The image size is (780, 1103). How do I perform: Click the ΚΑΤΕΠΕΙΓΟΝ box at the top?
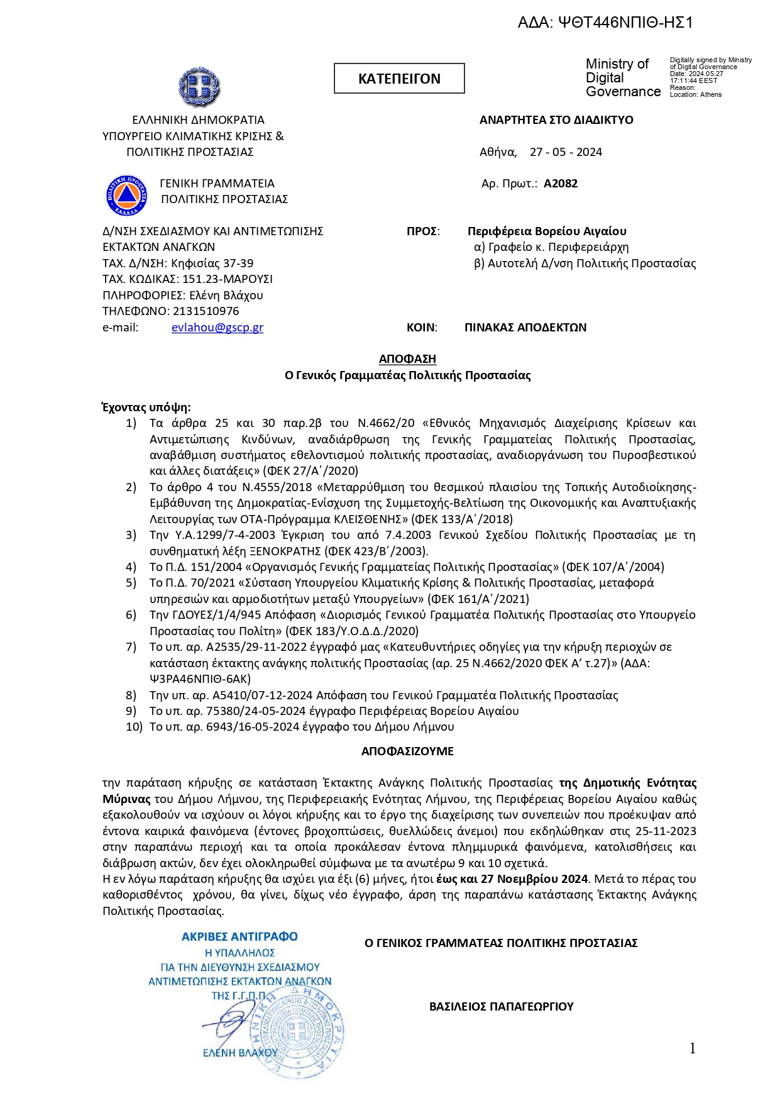[399, 79]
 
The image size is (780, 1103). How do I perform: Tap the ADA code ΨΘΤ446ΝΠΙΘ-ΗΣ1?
[605, 23]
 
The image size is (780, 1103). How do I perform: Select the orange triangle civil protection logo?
[126, 194]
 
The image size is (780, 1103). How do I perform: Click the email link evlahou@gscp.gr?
[217, 328]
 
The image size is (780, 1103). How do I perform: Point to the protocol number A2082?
[560, 184]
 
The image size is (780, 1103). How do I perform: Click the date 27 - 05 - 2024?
[565, 152]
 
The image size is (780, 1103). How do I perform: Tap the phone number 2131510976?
[206, 311]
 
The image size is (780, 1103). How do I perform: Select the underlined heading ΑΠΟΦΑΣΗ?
[407, 359]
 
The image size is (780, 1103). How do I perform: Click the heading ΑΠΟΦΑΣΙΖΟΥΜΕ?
[407, 751]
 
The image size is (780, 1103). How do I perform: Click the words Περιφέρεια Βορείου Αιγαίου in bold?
[546, 231]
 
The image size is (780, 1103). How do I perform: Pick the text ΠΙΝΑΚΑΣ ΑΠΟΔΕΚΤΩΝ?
[525, 328]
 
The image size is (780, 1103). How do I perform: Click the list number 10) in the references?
[134, 727]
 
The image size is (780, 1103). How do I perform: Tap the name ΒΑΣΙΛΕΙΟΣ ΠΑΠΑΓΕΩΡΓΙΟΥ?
[501, 1007]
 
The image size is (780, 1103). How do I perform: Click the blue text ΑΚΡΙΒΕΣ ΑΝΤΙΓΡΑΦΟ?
[239, 937]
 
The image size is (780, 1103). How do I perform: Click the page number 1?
[692, 1048]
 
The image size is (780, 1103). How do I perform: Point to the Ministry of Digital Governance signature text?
[622, 78]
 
